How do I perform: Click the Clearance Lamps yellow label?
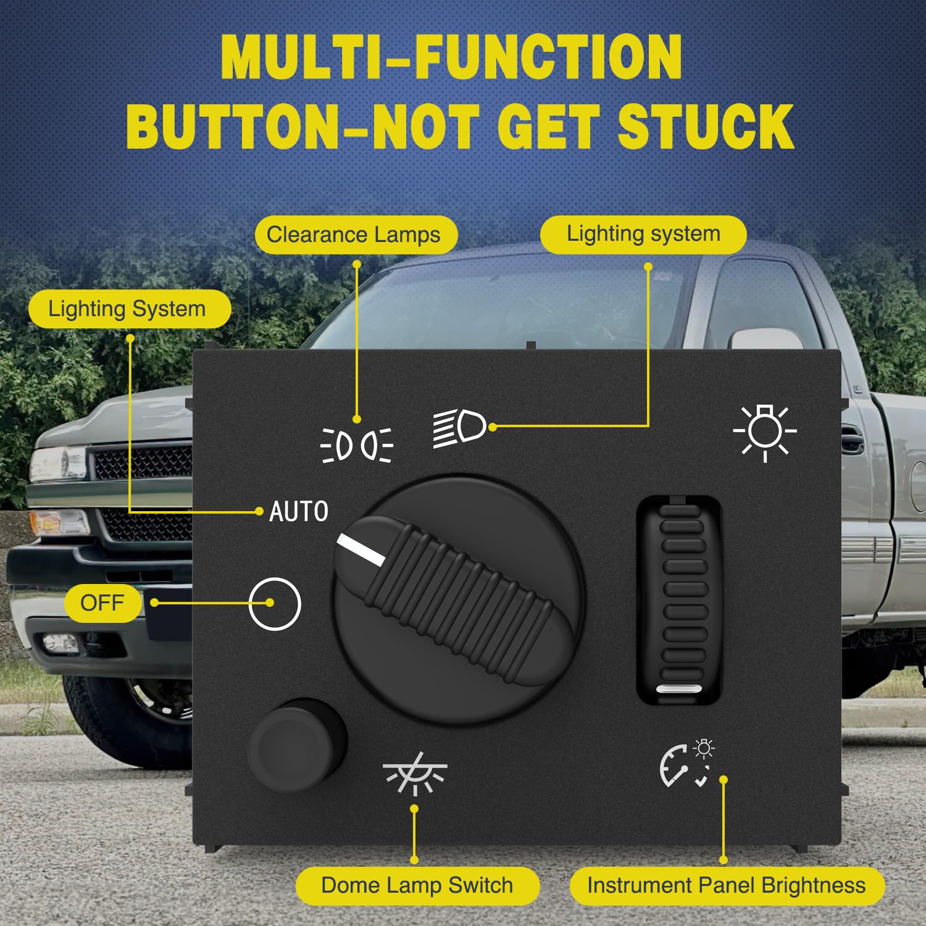pos(356,235)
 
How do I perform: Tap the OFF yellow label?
pos(102,603)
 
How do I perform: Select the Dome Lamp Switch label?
pos(417,885)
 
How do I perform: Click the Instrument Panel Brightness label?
pos(727,885)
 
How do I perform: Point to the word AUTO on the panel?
pos(299,512)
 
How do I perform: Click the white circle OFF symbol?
pos(275,604)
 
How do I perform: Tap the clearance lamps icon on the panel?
pos(357,444)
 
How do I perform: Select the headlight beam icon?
pos(459,427)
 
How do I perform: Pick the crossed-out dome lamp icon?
pos(414,774)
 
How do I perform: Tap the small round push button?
pos(296,745)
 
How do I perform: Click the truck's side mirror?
pos(758,339)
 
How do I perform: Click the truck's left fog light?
pos(60,644)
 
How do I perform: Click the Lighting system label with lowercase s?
pos(643,234)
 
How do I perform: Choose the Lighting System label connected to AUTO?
pos(127,309)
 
